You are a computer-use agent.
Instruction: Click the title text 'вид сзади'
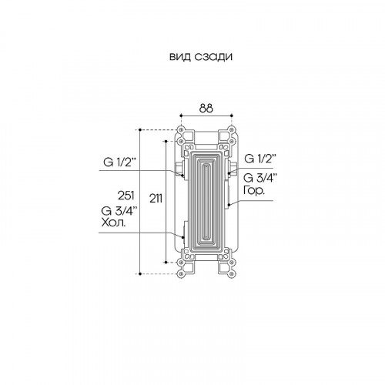pyautogui.click(x=201, y=57)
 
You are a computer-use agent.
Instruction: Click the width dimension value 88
pyautogui.click(x=206, y=109)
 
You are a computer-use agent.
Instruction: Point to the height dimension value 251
pyautogui.click(x=126, y=196)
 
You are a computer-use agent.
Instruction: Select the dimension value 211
pyautogui.click(x=156, y=199)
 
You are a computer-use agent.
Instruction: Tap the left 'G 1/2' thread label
pyautogui.click(x=119, y=162)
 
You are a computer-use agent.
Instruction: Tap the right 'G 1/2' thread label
pyautogui.click(x=259, y=159)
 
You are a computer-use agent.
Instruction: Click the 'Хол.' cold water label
pyautogui.click(x=113, y=223)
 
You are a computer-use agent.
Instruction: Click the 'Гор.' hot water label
pyautogui.click(x=253, y=190)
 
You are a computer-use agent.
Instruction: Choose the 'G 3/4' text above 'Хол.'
pyautogui.click(x=119, y=211)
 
